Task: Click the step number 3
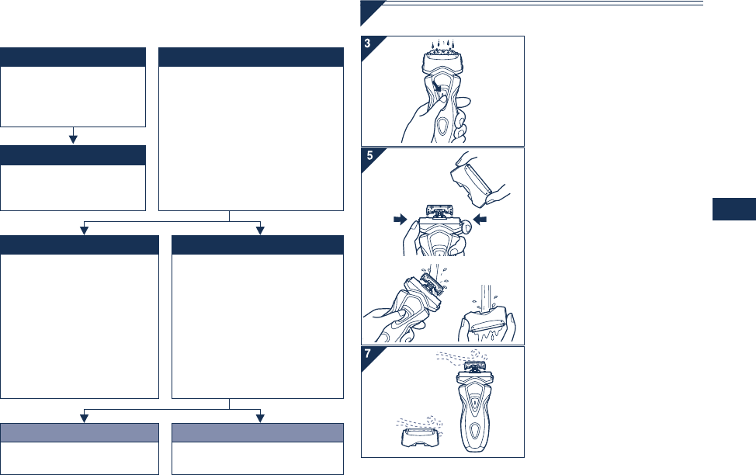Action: pos(367,43)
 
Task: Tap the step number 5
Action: pos(369,155)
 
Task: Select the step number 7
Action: pos(368,353)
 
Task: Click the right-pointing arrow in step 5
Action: pos(401,220)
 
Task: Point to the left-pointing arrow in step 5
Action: pos(480,220)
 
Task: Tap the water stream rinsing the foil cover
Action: pos(486,300)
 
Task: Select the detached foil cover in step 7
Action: pos(420,437)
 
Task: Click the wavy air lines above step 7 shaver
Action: pos(462,357)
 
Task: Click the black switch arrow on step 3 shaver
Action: pos(436,86)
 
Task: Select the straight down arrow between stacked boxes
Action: pos(73,136)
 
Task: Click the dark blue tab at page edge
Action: pos(733,209)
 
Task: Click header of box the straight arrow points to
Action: pos(73,155)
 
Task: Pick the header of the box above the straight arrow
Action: pos(73,57)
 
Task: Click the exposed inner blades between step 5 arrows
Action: pos(440,211)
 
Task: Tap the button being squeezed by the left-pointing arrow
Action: pos(466,226)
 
